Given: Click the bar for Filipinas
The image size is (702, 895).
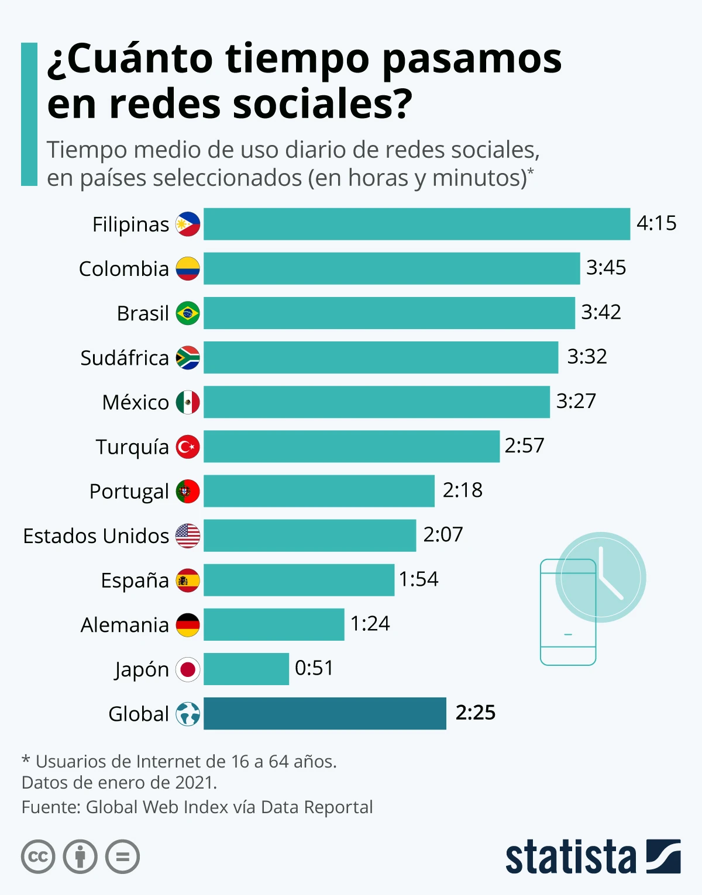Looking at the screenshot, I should [417, 224].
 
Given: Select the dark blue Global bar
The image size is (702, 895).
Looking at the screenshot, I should [325, 713].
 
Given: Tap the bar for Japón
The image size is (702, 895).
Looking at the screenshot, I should [246, 669].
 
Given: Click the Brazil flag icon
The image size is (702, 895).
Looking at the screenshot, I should [188, 313].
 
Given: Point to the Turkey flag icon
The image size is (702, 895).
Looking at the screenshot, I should [188, 447].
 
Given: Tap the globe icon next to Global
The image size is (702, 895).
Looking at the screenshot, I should [188, 714].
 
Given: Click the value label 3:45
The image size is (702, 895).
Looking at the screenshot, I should [606, 268].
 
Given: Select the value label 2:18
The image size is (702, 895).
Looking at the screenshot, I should [462, 490].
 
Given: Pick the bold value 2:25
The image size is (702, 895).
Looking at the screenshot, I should [475, 713].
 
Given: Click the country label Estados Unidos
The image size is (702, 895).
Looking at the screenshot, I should [96, 536].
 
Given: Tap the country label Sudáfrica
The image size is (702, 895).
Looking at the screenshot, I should [125, 358].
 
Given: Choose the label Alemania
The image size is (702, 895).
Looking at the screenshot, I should [125, 625].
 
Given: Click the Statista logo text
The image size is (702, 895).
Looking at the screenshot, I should [570, 858].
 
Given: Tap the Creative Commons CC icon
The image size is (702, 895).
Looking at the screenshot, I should [38, 857].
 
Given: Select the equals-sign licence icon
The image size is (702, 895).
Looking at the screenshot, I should [123, 857].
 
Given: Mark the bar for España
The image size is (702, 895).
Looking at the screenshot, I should [299, 580].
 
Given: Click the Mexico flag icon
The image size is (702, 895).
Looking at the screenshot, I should [188, 402].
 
